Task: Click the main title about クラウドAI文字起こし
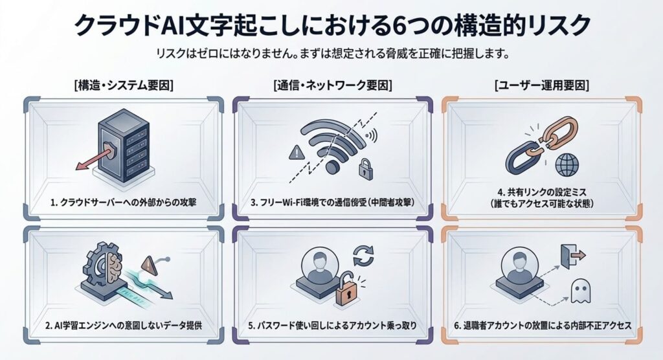[331, 25]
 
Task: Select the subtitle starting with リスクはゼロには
[331, 54]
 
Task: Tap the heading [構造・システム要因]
[123, 85]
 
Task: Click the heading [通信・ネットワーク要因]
[332, 85]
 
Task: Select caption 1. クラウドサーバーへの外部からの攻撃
[123, 203]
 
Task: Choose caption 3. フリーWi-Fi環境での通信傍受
[331, 203]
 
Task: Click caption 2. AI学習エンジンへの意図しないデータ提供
[123, 325]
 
